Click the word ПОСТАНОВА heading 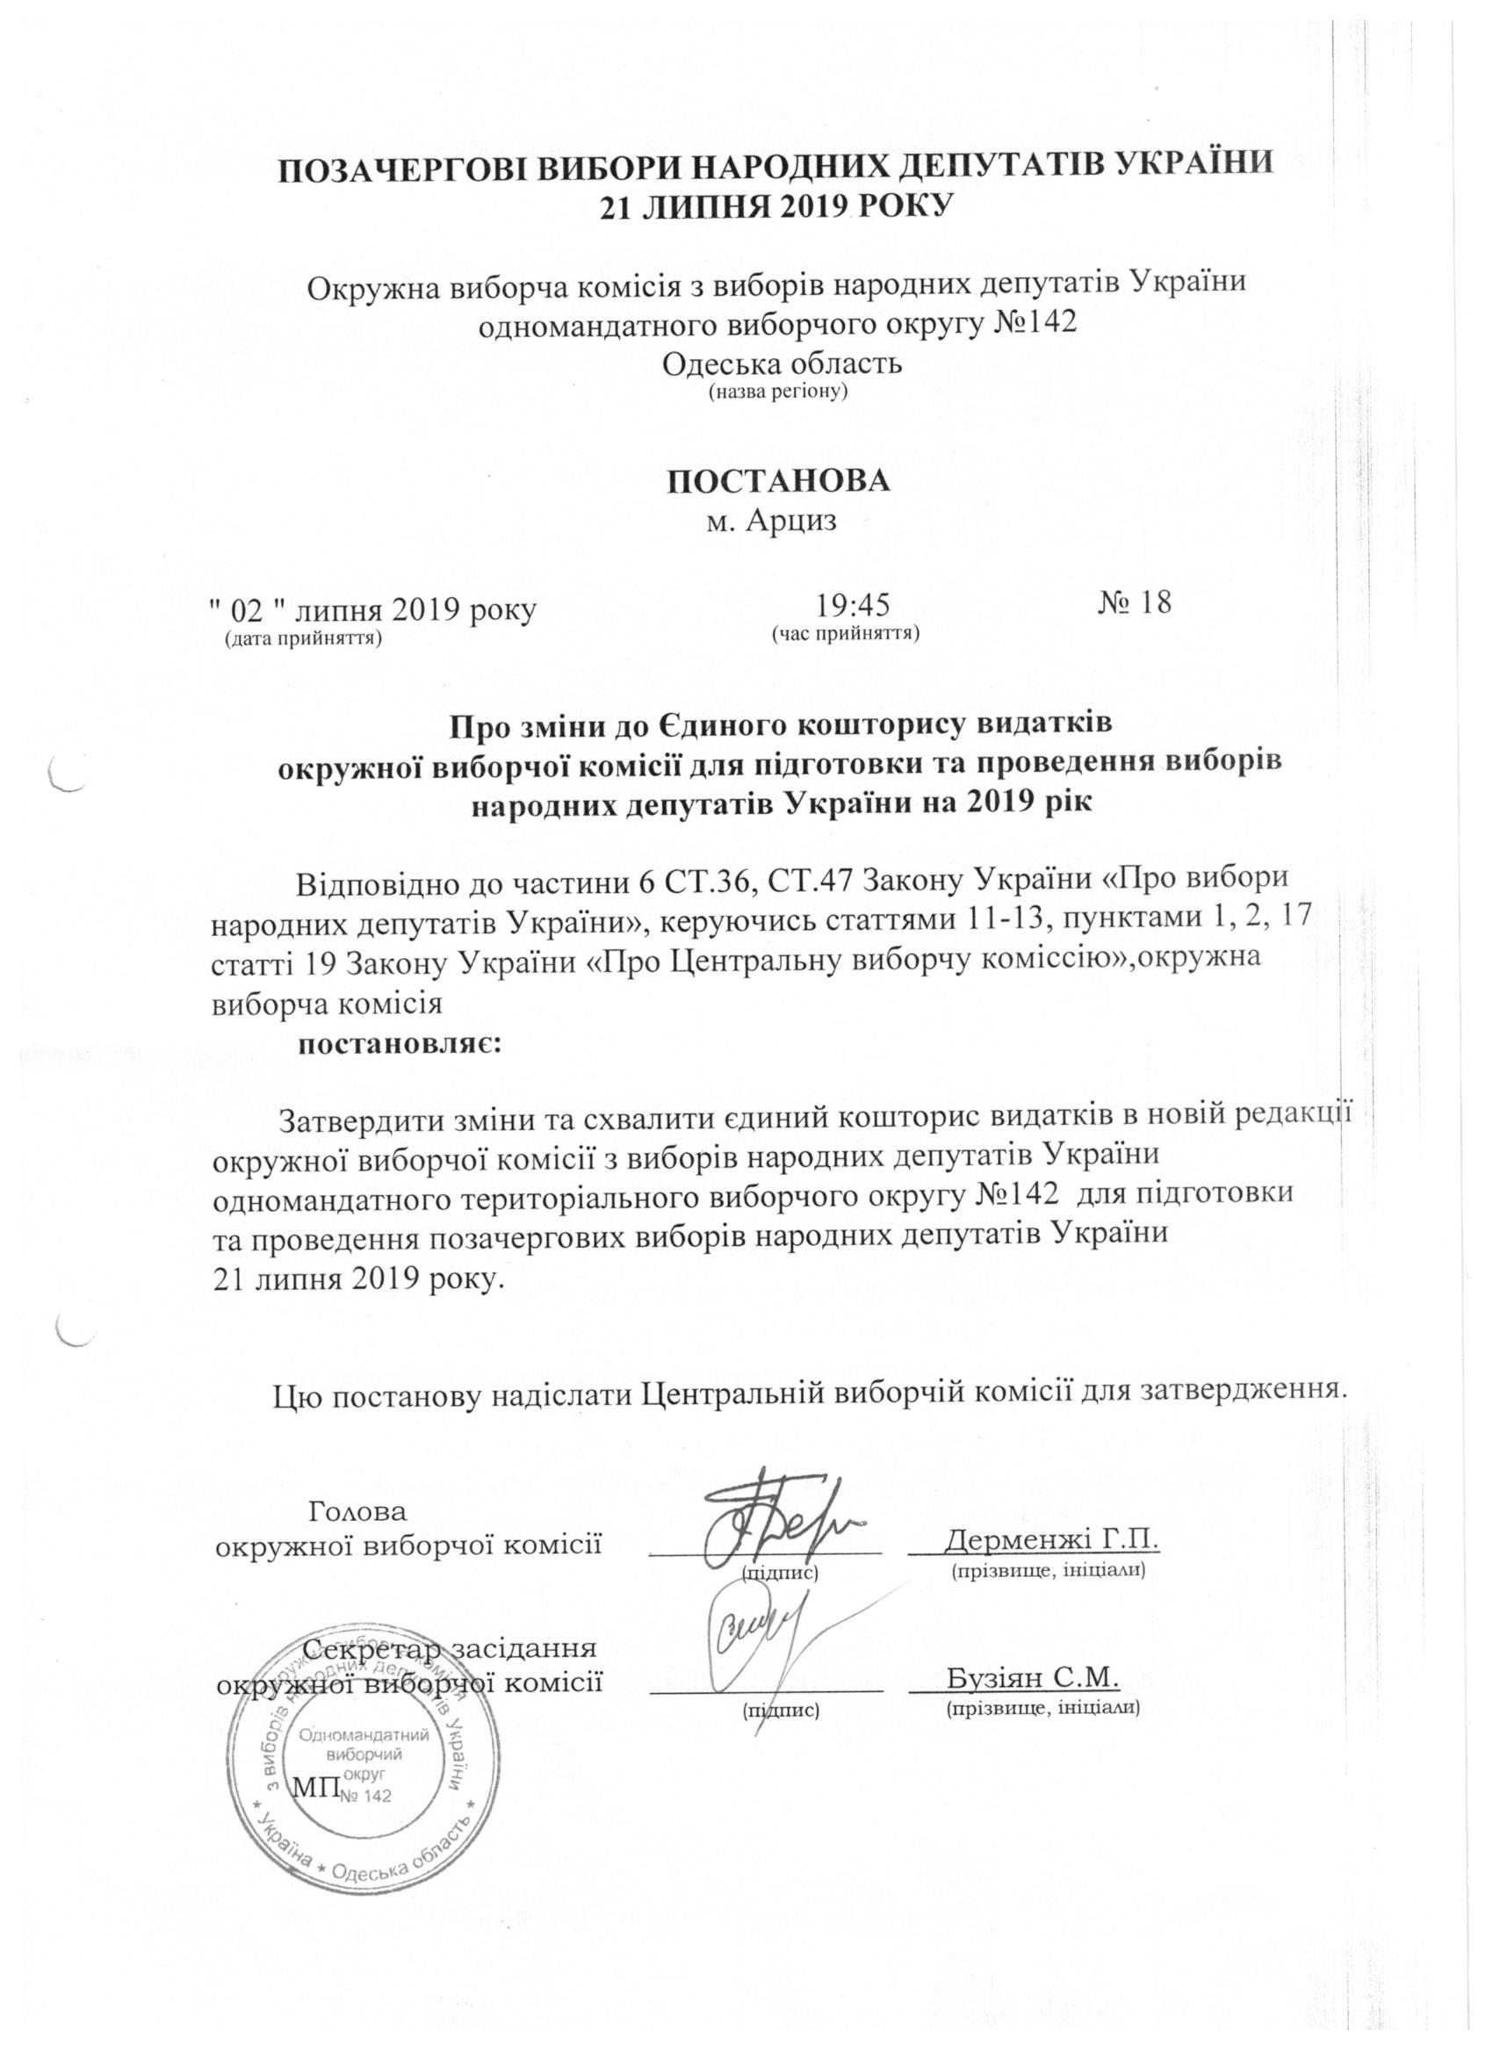point(778,481)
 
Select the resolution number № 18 point(1135,602)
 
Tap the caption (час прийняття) point(845,632)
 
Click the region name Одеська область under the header point(783,364)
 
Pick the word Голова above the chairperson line point(358,1511)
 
